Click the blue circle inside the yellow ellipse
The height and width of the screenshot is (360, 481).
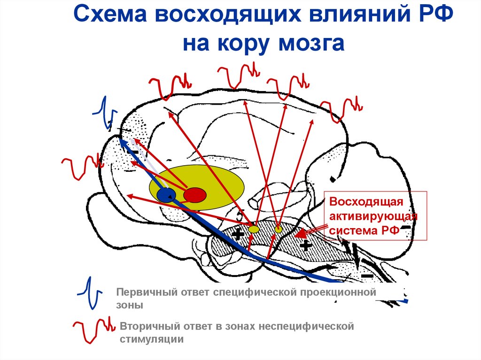[166, 194]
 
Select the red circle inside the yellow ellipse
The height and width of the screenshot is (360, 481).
[194, 194]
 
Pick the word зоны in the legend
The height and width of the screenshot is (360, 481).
[129, 305]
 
